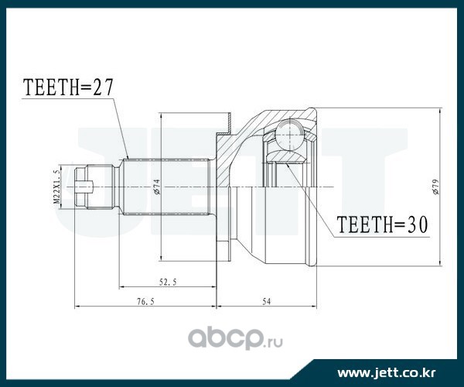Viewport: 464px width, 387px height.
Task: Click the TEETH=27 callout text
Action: point(68,87)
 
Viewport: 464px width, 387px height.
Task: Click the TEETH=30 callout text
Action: point(382,224)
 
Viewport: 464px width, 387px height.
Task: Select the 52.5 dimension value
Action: point(168,282)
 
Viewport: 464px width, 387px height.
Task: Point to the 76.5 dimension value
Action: point(145,302)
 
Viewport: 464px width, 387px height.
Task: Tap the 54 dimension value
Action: point(266,301)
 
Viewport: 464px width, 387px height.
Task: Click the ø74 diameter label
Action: point(156,187)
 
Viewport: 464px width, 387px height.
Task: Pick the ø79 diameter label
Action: point(435,187)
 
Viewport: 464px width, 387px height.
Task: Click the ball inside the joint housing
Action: point(288,134)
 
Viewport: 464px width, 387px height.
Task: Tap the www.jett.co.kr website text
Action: point(387,373)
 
